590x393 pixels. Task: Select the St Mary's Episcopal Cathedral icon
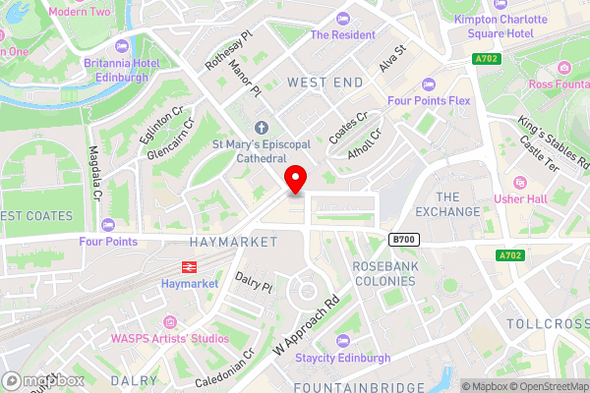[262, 127]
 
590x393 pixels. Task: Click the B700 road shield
[402, 239]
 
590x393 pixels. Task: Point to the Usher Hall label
[551, 200]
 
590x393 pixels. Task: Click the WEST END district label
[324, 84]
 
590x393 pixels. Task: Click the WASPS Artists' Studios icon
[170, 321]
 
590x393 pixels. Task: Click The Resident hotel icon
[342, 19]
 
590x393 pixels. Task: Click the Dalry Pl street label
[253, 283]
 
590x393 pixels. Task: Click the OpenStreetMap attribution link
[545, 385]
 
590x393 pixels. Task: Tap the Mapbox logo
[43, 381]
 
